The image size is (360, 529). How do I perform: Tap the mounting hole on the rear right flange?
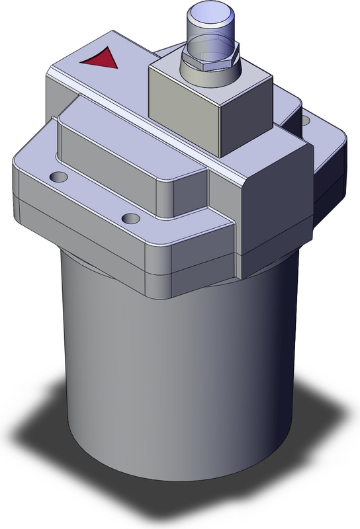point(304,120)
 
